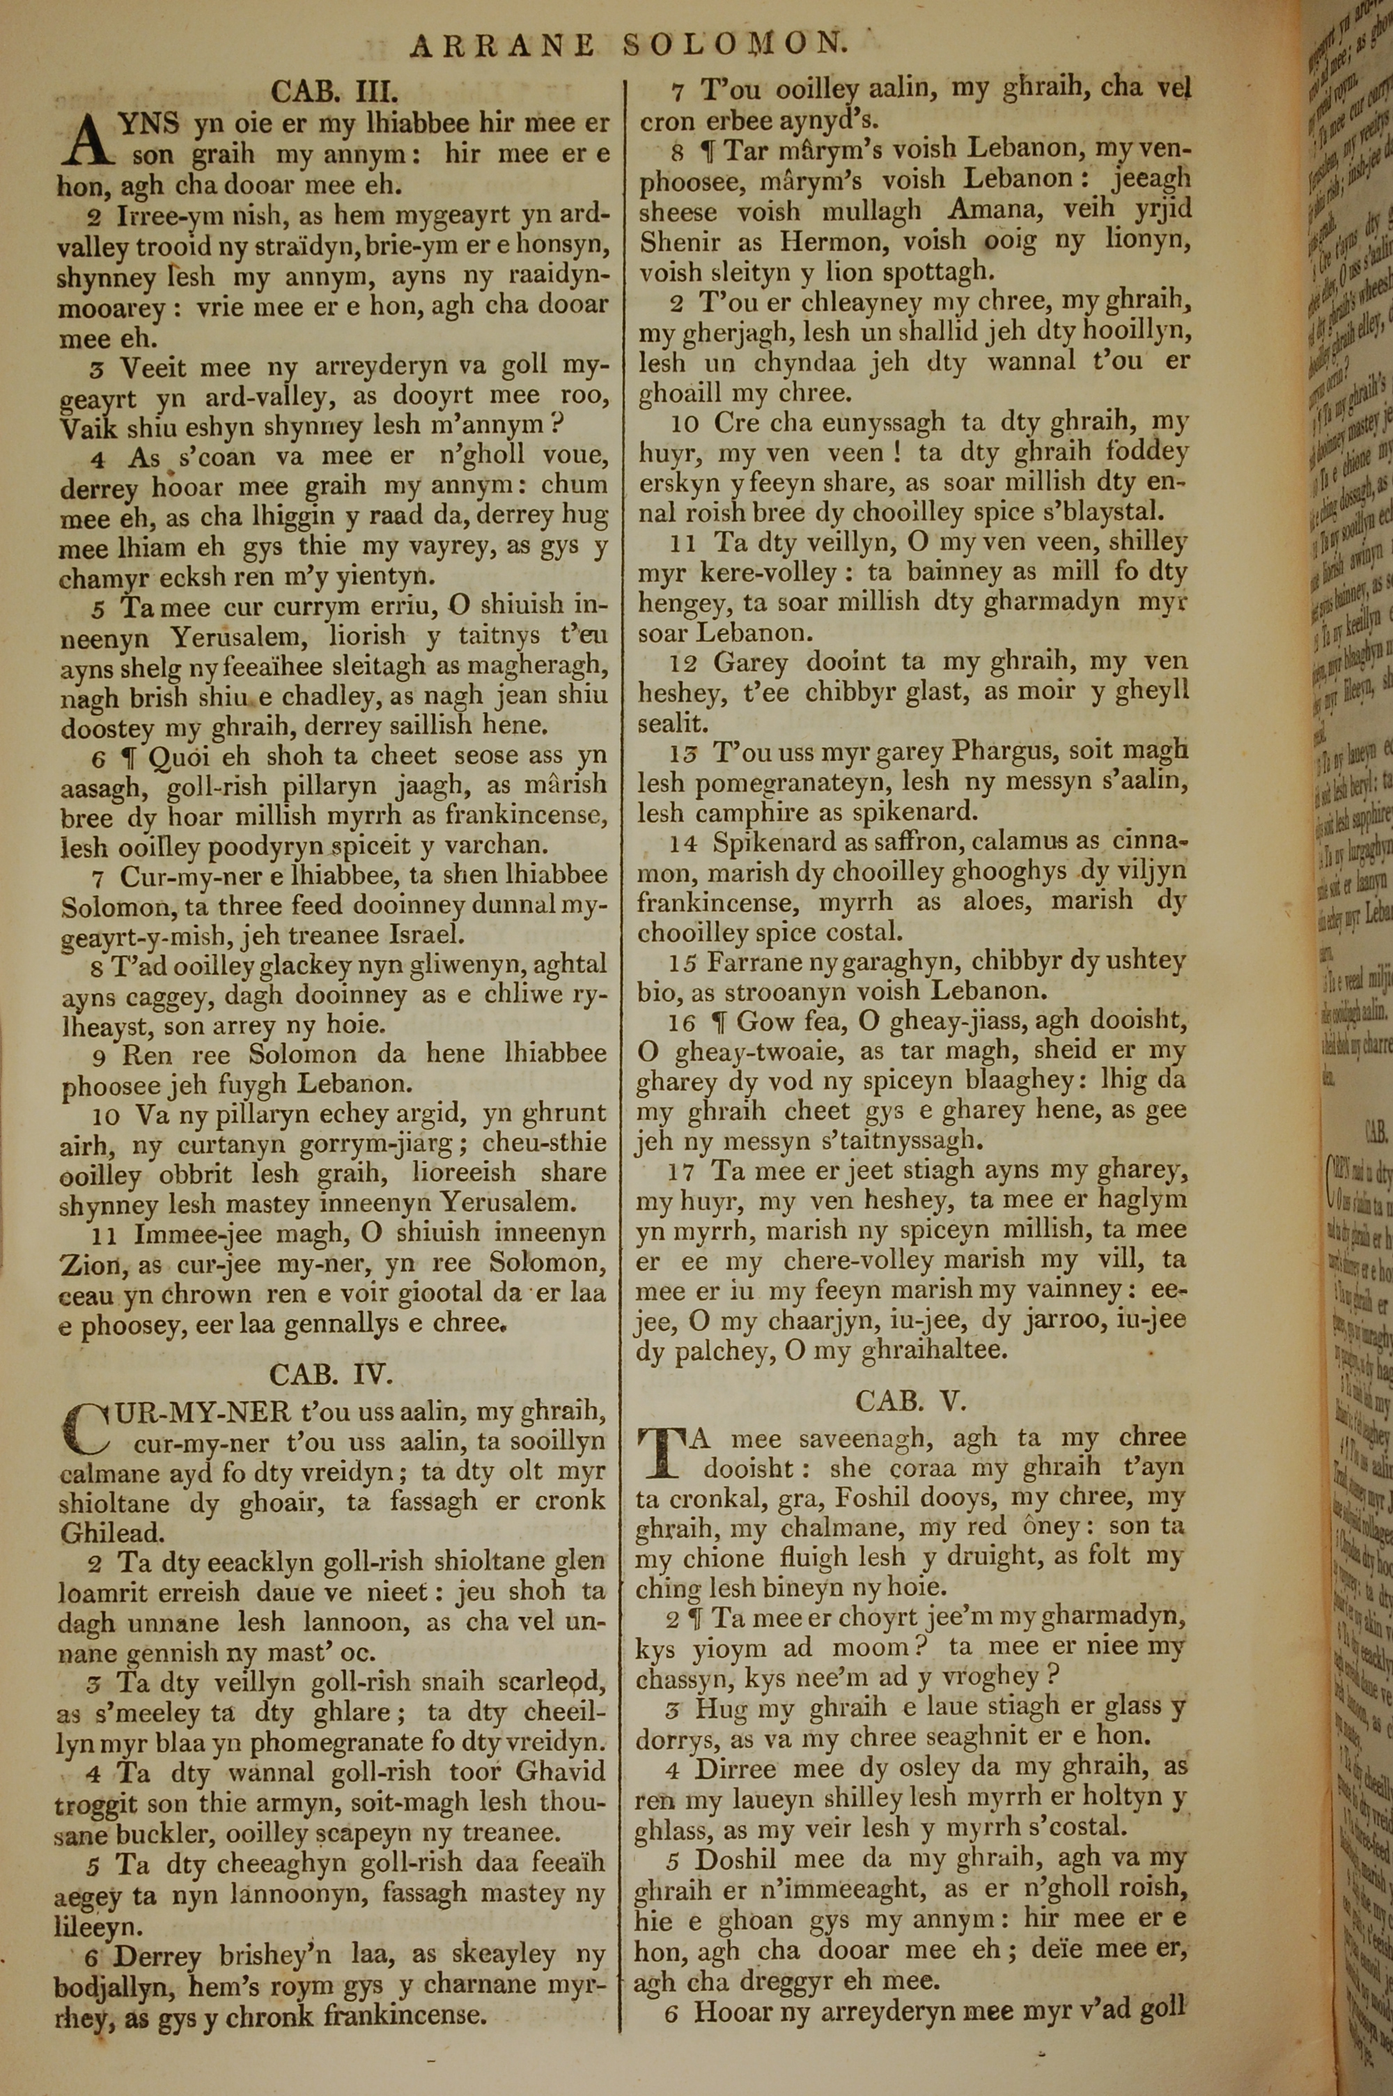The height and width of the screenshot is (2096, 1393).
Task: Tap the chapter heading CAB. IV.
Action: pyautogui.click(x=330, y=1375)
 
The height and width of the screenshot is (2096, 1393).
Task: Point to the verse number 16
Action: pyautogui.click(x=683, y=1023)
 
